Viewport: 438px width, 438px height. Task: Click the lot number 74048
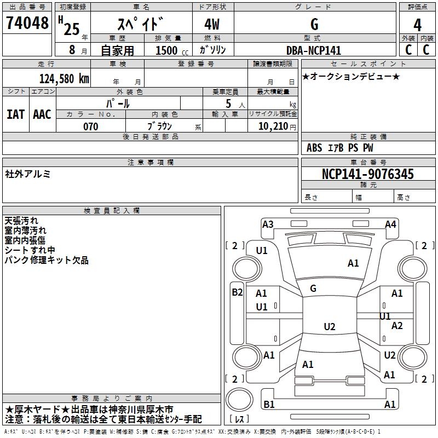pos(27,24)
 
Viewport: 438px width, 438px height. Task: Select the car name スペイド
pos(141,24)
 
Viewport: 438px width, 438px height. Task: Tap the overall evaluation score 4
pos(417,25)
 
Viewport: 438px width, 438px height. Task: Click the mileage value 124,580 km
pos(64,78)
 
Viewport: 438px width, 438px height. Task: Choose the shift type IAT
pos(15,114)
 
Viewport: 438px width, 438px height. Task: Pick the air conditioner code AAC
pos(42,114)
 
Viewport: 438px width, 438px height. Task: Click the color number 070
pos(90,126)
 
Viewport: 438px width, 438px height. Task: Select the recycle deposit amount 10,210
pos(273,126)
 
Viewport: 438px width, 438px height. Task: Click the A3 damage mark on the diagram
pos(268,224)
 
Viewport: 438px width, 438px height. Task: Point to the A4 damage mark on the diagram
pos(390,224)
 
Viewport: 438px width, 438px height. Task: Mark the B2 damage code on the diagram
pos(237,292)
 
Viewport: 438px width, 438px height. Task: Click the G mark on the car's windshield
pos(313,288)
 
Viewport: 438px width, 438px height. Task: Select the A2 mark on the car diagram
pos(397,326)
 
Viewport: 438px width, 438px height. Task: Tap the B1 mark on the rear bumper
pos(269,404)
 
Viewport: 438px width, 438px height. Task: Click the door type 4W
pos(214,24)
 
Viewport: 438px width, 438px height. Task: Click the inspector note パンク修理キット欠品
pos(47,261)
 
